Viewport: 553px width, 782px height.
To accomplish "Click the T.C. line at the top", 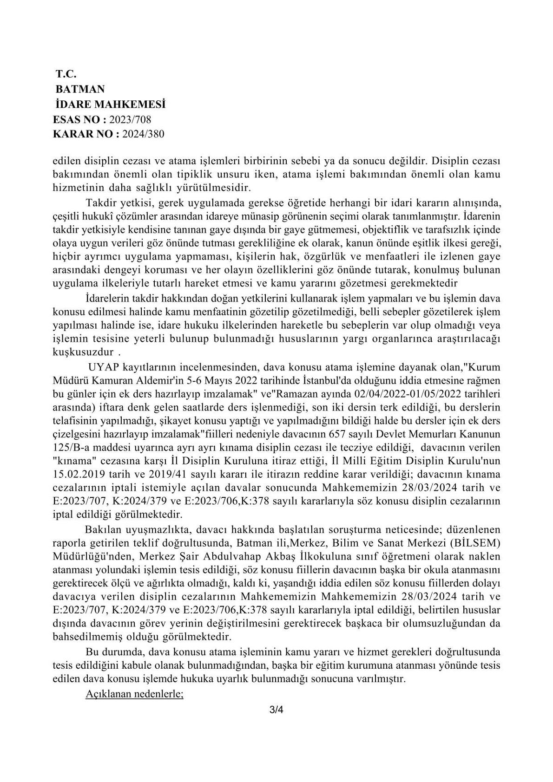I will click(x=66, y=74).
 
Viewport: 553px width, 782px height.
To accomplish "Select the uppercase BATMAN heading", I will click(x=80, y=89).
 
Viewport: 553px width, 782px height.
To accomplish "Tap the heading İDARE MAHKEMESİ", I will click(x=110, y=104).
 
